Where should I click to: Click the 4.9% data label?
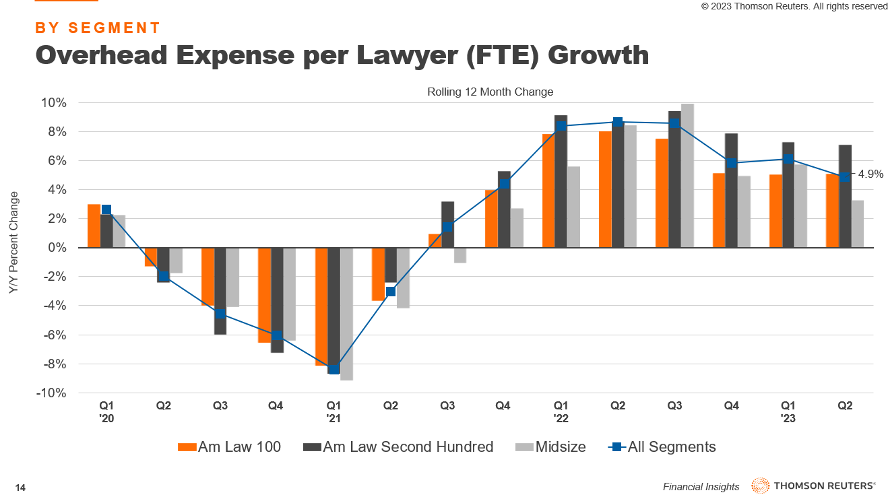[x=870, y=174]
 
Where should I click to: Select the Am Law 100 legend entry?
[x=230, y=447]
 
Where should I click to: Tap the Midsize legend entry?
[x=551, y=447]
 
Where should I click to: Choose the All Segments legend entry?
[x=662, y=447]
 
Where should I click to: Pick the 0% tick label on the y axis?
[x=57, y=248]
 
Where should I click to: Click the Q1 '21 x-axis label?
[x=334, y=411]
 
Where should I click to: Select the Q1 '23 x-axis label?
[x=788, y=411]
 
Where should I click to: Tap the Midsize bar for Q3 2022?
[x=687, y=176]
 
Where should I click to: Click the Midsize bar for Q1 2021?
[x=347, y=314]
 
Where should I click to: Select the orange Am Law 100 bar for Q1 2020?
[x=94, y=226]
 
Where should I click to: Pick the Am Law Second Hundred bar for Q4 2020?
[x=277, y=300]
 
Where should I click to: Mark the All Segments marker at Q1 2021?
[x=334, y=369]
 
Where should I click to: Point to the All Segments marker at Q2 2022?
[x=618, y=122]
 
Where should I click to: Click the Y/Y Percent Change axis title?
[x=13, y=242]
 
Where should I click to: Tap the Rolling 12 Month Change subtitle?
[x=490, y=92]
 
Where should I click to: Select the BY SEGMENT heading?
[x=98, y=28]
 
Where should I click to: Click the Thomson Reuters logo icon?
[x=761, y=486]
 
